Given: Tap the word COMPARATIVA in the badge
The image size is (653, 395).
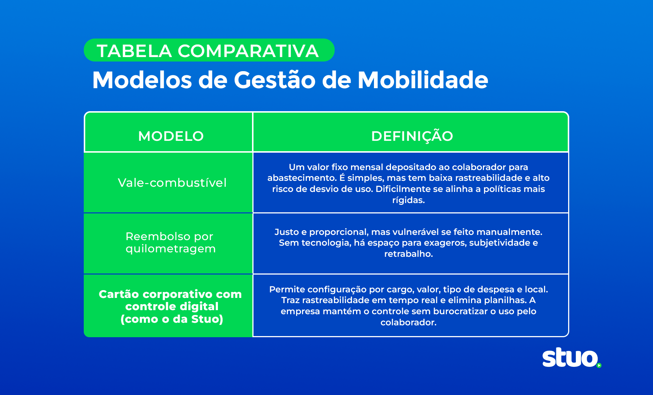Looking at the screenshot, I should tap(248, 51).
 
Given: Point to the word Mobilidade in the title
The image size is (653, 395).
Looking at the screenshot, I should tap(422, 80).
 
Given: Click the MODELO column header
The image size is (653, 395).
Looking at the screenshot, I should tap(171, 136).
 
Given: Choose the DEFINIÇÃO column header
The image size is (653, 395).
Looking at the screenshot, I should tap(412, 136).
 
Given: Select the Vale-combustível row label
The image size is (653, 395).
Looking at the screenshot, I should tap(172, 183).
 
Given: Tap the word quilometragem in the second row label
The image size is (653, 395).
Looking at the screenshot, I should tap(170, 249).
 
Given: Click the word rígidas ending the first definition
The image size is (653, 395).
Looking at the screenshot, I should tap(408, 200).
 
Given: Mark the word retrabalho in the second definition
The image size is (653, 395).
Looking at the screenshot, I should tap(408, 254).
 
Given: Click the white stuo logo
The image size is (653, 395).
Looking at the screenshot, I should tap(570, 358).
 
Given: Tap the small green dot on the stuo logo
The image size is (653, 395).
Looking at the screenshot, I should tap(599, 365).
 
